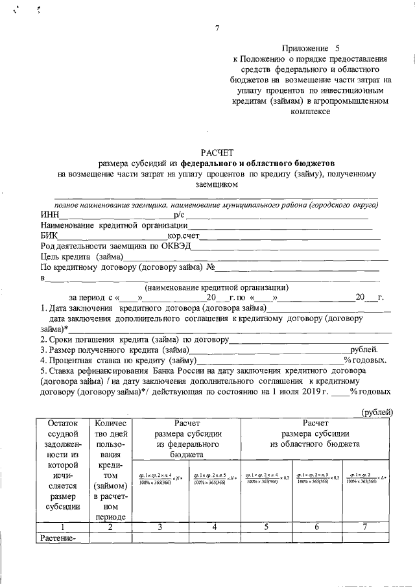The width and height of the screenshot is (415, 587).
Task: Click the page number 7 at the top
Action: point(217,28)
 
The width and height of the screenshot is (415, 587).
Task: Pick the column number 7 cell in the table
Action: point(368,527)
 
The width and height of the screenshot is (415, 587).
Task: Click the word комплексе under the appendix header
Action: point(311,111)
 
